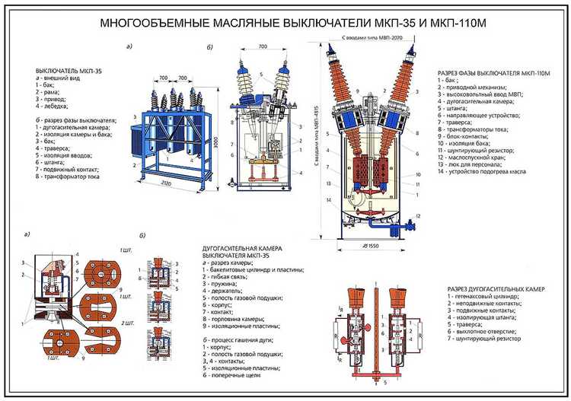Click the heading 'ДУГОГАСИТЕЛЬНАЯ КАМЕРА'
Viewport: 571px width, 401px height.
(x=242, y=249)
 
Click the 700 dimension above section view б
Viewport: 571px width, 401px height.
(x=263, y=47)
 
